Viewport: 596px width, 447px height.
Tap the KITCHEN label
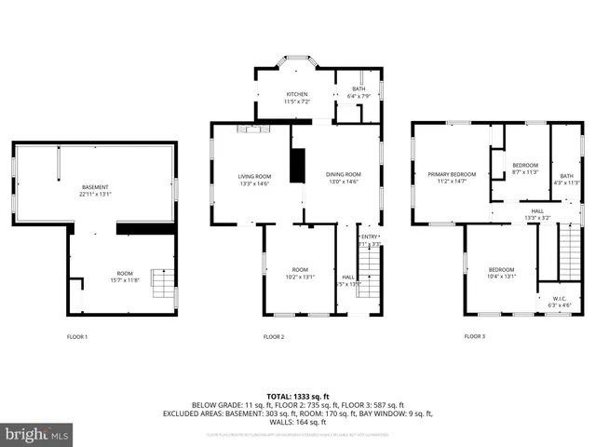pyautogui.click(x=296, y=94)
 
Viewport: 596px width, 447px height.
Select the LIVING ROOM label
pyautogui.click(x=254, y=176)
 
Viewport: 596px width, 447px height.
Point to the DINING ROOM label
pyautogui.click(x=342, y=176)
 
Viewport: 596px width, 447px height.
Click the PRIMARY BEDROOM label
pyautogui.click(x=452, y=174)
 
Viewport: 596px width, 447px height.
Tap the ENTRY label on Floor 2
pyautogui.click(x=370, y=237)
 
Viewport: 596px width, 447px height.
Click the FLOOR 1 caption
pyautogui.click(x=76, y=336)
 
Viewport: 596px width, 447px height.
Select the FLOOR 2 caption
pyautogui.click(x=274, y=336)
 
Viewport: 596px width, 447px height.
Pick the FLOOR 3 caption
pyautogui.click(x=475, y=336)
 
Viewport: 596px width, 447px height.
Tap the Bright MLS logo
pyautogui.click(x=37, y=434)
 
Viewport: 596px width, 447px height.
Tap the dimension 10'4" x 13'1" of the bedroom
pyautogui.click(x=501, y=276)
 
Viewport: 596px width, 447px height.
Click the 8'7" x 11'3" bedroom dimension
pyautogui.click(x=525, y=171)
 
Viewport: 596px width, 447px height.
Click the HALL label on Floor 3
pyautogui.click(x=537, y=211)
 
